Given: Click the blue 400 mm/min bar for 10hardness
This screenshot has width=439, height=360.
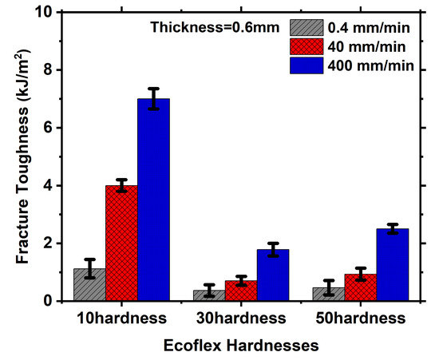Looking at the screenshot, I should pos(153,200).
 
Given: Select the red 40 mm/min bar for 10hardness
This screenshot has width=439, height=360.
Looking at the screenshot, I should pos(121,243).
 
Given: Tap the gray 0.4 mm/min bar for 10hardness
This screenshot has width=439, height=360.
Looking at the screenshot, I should pos(89,285).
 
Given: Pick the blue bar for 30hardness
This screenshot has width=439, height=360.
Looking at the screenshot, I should pos(273,275).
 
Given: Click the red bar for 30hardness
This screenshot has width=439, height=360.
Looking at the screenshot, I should pos(241,291).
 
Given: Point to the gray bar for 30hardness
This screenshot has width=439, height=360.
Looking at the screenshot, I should pos(209,295).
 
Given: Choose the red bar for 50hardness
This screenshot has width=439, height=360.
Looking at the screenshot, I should pos(361,287).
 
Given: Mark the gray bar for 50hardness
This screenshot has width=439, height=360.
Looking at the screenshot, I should pos(329,294).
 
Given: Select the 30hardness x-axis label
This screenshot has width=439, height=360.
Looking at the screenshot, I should pos(240,318).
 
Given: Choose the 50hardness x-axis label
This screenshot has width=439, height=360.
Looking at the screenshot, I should pos(360,318).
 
